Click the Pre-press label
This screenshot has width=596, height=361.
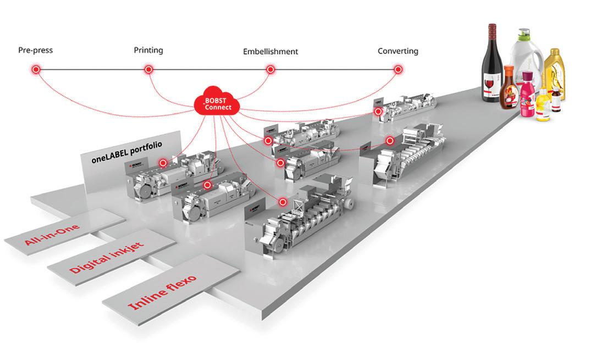coord(35,51)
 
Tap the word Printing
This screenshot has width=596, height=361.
coord(148,50)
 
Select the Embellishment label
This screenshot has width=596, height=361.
coord(271,52)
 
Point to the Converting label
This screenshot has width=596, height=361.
coord(398,51)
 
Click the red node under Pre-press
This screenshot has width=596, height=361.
coord(36,70)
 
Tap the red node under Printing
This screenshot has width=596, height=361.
coord(148,70)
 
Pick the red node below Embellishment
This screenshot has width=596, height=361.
coord(271,70)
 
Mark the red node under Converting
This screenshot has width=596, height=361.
coord(398,70)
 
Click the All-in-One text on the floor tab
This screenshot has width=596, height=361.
coord(52,234)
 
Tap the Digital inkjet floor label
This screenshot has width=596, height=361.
coord(107,258)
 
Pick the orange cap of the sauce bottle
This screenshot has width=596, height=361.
coord(509,70)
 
